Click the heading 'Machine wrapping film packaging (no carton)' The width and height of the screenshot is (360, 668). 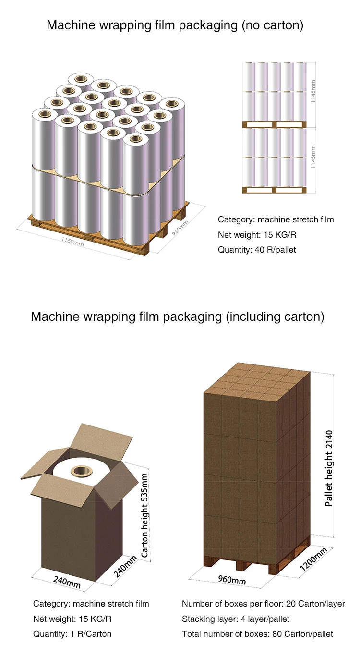coord(175,25)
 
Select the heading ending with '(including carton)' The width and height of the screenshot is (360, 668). coord(177,316)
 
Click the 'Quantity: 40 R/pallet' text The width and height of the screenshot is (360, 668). coord(256,250)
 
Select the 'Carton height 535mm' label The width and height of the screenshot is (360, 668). coord(145,515)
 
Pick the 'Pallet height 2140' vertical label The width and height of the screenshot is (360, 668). coord(329,468)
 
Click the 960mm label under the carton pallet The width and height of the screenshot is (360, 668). coord(232,579)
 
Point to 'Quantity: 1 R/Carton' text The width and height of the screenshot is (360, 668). coord(72,634)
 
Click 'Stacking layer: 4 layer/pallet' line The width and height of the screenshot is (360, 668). coord(236,619)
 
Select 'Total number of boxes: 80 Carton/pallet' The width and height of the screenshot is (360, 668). coord(257,634)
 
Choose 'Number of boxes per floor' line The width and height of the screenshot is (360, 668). coord(263,604)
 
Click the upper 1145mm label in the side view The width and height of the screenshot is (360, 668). coord(313,91)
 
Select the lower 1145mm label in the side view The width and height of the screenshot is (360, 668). coord(313,158)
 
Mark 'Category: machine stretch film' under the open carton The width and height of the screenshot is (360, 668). coord(91,604)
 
